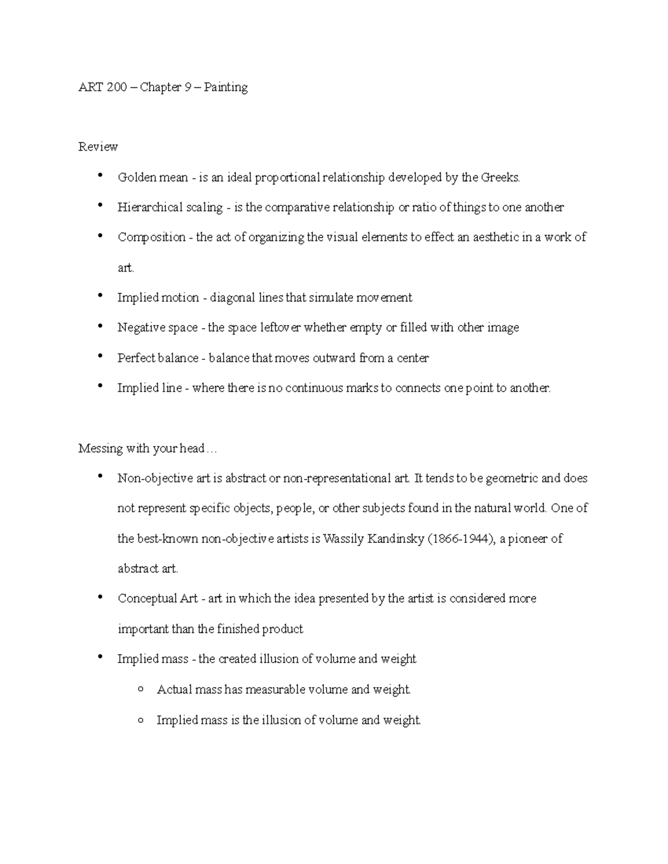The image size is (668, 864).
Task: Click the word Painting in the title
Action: pyautogui.click(x=225, y=87)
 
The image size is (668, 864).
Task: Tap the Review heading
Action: pyautogui.click(x=98, y=147)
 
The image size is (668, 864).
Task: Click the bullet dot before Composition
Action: pyautogui.click(x=100, y=235)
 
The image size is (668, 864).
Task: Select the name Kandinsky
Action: pyautogui.click(x=396, y=539)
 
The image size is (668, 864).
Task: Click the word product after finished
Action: pyautogui.click(x=282, y=629)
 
